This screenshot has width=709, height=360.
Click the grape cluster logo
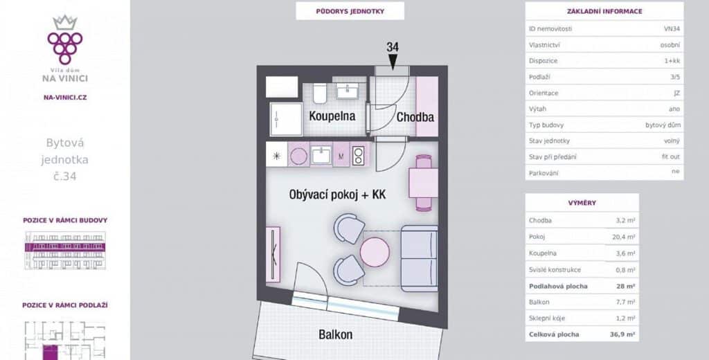[x=65, y=41]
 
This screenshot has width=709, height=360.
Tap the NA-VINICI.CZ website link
[x=65, y=97]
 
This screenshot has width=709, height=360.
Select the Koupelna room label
[x=332, y=116]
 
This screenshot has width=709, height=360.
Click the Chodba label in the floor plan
[x=415, y=117]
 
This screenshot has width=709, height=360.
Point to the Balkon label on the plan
[x=336, y=334]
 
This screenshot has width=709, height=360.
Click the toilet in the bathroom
[x=320, y=93]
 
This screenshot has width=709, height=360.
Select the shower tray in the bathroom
[x=286, y=119]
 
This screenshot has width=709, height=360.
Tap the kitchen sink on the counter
[x=321, y=156]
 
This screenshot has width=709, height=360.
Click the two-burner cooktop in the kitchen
[x=358, y=156]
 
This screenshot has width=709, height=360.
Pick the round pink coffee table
[x=375, y=252]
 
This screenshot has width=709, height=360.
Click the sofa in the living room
[x=419, y=258]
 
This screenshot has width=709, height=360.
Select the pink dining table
[x=423, y=183]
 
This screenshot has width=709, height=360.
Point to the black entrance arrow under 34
[x=393, y=62]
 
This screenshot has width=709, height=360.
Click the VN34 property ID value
[x=672, y=28]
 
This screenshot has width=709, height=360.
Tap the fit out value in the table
[x=671, y=156]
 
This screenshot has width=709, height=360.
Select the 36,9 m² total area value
[x=622, y=334]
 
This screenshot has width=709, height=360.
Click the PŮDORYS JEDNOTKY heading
[x=350, y=11]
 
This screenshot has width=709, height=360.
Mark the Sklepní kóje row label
[x=547, y=318]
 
